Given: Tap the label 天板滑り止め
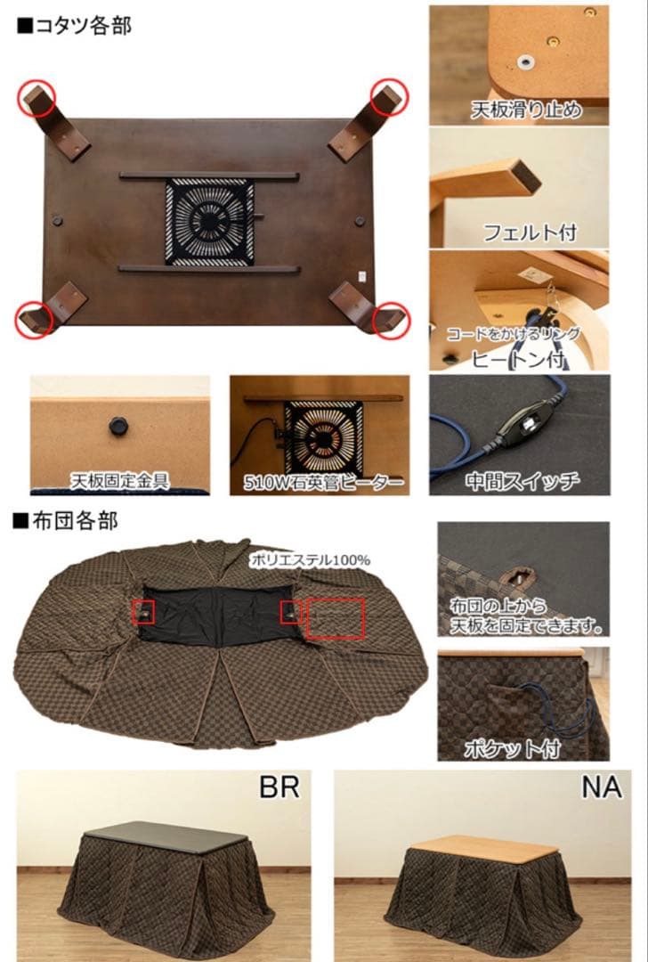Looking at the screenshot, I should [x=526, y=110].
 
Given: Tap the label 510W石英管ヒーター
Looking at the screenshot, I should [x=324, y=483].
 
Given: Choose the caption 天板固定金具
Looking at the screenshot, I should [x=120, y=481].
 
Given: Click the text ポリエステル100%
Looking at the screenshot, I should [x=310, y=560].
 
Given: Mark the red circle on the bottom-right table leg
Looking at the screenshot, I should [x=391, y=319].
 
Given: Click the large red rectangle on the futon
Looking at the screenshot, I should [x=336, y=618].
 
